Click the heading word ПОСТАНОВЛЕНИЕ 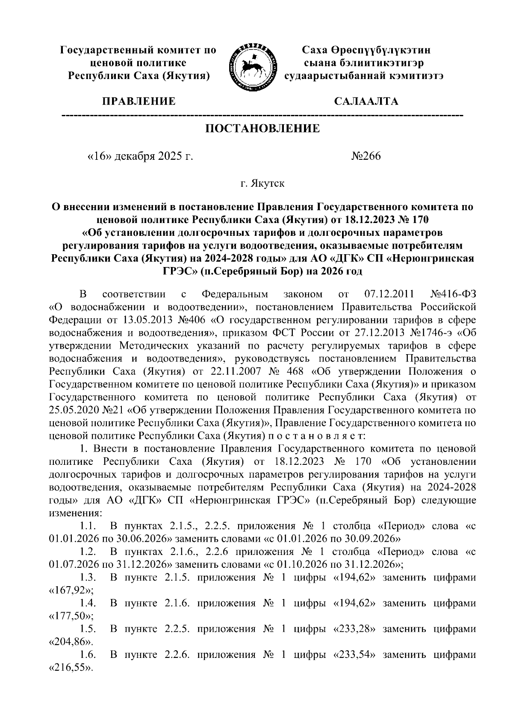[x=263, y=129]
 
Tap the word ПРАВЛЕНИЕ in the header [x=138, y=102]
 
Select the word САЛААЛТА [x=366, y=102]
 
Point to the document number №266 [x=366, y=156]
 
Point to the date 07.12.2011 [x=389, y=294]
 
